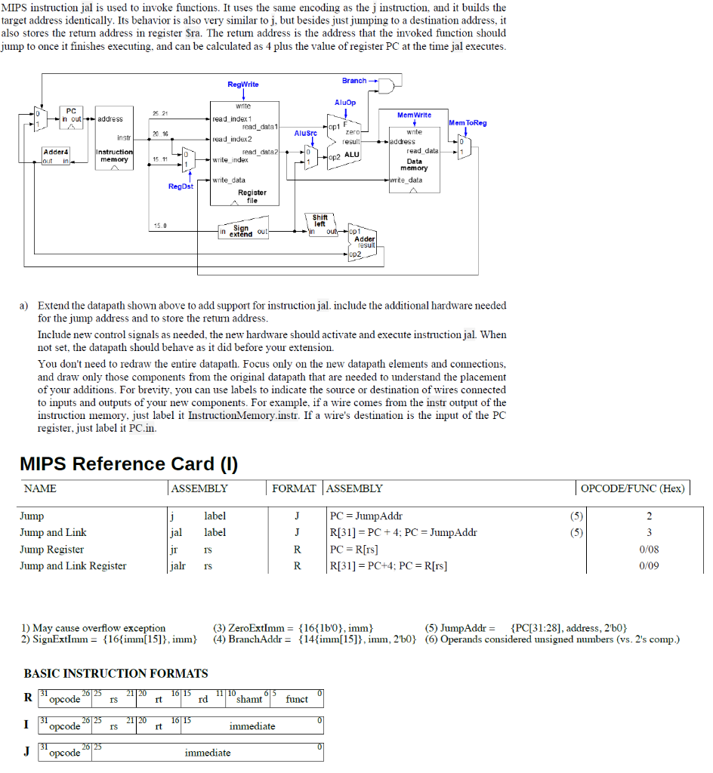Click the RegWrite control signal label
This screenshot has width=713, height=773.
click(242, 85)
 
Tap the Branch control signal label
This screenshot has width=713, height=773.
click(353, 80)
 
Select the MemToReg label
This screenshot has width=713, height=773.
click(467, 122)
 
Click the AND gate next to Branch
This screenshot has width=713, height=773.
click(389, 86)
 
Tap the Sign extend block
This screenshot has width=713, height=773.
click(242, 231)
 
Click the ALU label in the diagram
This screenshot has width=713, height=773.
click(351, 154)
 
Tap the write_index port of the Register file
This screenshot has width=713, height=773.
click(230, 160)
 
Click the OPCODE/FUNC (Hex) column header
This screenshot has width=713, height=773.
click(632, 488)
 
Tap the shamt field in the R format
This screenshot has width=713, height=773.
click(248, 699)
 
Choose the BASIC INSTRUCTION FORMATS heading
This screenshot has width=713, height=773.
click(116, 673)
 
